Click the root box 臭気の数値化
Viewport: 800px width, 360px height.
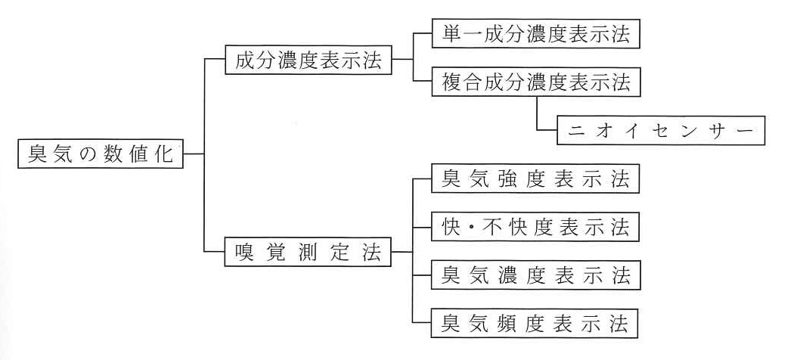[x=101, y=154]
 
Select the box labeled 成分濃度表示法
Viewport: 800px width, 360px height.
[x=309, y=60]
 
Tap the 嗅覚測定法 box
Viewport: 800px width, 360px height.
[x=309, y=253]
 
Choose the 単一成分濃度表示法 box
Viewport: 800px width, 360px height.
[x=535, y=34]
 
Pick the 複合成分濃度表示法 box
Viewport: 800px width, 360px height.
[x=535, y=82]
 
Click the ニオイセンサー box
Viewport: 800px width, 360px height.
[x=661, y=130]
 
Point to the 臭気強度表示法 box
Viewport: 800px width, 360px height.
[x=535, y=178]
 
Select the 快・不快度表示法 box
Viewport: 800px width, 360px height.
[x=535, y=227]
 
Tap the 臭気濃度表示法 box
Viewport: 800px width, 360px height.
[x=535, y=275]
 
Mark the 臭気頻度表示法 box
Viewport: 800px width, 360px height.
[x=535, y=323]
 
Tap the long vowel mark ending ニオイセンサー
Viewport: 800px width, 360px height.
[x=744, y=131]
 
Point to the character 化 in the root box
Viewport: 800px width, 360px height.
[x=163, y=154]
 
